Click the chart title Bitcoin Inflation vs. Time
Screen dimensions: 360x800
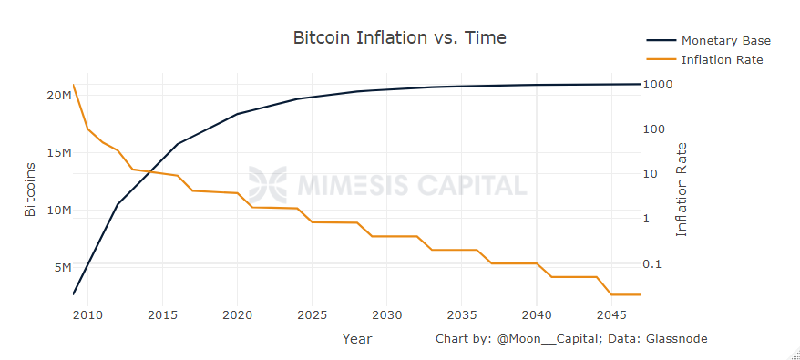click(x=399, y=37)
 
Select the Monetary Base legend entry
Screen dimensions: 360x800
click(x=725, y=41)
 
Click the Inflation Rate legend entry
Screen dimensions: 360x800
click(x=722, y=60)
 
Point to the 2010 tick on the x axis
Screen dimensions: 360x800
click(x=87, y=315)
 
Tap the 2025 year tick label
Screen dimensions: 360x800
click(x=312, y=315)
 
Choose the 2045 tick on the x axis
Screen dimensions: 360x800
click(x=611, y=315)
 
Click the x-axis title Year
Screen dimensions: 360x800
click(x=356, y=339)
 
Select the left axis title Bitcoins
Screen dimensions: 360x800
click(x=30, y=190)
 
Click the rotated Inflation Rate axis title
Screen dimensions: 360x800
click(x=682, y=190)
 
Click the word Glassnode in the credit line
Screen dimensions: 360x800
click(x=676, y=339)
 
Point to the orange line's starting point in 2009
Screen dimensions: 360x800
click(x=73, y=85)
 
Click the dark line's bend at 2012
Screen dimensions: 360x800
click(x=118, y=204)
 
